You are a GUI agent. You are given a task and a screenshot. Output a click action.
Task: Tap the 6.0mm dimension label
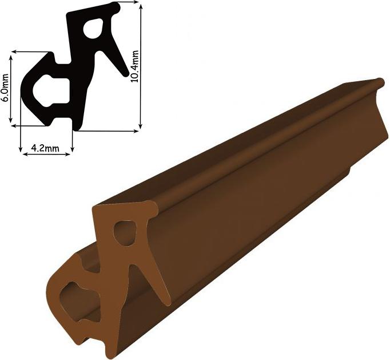point(5,88)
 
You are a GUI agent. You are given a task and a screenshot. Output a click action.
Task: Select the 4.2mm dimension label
point(45,148)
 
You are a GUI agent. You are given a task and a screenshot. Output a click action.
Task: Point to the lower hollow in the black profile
point(51,91)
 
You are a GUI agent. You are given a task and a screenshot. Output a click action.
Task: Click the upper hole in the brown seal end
point(125,233)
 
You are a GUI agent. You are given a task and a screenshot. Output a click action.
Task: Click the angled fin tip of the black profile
point(126,73)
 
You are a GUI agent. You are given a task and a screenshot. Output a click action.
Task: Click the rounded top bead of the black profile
point(116,7)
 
